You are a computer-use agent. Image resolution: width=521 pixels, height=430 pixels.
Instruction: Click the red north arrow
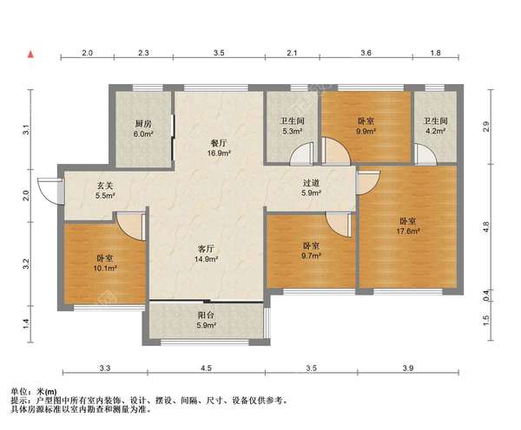31,55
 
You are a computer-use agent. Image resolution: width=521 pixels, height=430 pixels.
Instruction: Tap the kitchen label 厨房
143,124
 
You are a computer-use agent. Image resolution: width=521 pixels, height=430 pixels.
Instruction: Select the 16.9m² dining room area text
220,153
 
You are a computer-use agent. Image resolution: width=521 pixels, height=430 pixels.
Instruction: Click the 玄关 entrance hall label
105,186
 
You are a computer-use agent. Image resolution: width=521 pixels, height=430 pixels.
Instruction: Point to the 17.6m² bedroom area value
408,231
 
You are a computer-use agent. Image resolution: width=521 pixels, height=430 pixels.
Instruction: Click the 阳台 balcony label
206,316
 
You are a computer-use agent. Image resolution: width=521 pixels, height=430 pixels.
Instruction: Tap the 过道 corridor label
312,183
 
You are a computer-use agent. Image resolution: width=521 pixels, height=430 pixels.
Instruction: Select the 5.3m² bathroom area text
293,131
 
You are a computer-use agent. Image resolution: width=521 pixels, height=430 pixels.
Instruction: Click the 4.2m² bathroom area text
436,131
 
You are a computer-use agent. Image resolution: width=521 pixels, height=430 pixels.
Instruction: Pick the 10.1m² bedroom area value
105,268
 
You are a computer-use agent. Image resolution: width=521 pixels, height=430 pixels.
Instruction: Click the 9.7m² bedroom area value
311,256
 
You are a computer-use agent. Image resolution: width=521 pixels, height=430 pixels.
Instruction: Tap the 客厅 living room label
206,249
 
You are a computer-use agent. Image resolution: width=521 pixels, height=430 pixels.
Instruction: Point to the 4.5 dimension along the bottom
206,368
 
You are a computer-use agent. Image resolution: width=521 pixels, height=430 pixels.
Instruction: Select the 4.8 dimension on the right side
485,227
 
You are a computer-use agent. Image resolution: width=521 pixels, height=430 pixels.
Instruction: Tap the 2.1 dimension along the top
292,53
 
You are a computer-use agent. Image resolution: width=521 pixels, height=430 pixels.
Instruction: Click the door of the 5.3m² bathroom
302,153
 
